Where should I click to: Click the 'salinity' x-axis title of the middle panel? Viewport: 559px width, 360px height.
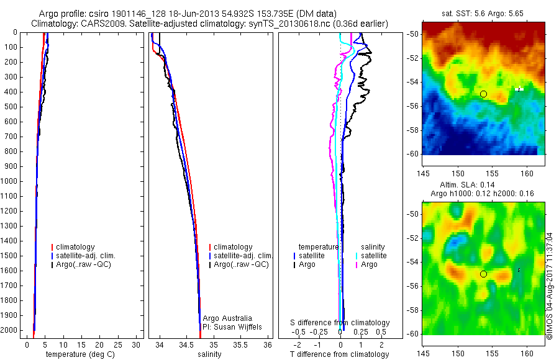pos(210,354)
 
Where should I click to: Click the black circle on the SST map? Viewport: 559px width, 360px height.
pos(483,94)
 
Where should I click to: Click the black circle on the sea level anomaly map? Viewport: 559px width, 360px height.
pos(483,274)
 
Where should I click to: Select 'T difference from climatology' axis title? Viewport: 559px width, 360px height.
pos(340,354)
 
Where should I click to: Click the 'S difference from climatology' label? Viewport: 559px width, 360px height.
pos(340,323)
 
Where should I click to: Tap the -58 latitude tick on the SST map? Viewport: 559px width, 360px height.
pos(412,130)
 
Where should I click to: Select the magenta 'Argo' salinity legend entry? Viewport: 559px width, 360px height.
pos(369,264)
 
